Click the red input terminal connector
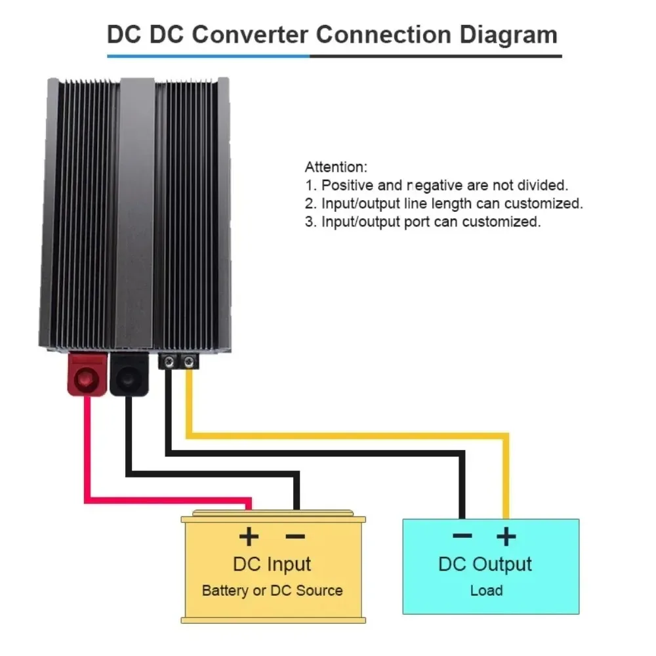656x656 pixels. pos(86,377)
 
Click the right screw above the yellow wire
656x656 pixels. pos(189,361)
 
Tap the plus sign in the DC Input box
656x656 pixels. pos(249,537)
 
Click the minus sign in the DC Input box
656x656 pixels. pos(295,537)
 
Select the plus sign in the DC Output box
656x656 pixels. pos(505,537)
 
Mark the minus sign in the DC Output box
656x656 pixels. pos(462,536)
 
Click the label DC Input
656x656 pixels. pos(272,564)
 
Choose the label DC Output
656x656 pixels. pos(485,564)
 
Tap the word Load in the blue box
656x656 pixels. pos(486,590)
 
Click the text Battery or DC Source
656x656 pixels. pos(272,590)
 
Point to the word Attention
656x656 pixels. pos(336,167)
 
